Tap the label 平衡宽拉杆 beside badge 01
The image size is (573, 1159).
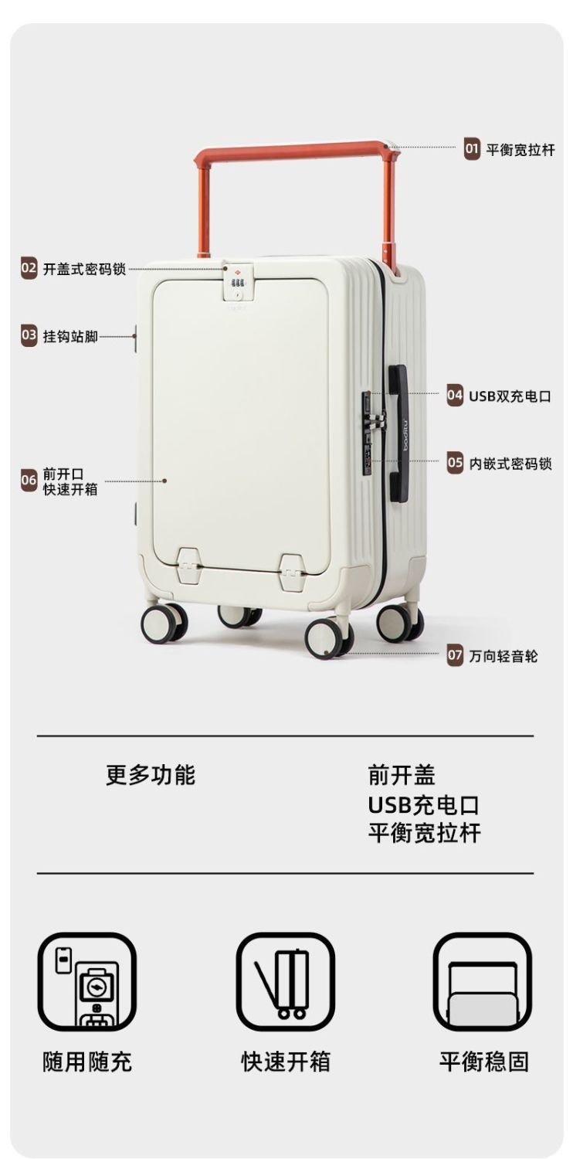click(520, 149)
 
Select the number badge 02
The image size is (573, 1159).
click(29, 269)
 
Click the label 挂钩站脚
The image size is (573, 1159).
click(70, 336)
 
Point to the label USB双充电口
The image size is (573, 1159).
click(510, 396)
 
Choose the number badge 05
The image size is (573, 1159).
click(456, 464)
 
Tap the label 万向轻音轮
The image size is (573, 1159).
click(503, 656)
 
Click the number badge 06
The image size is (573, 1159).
click(29, 481)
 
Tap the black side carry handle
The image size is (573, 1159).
click(398, 433)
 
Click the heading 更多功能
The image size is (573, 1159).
click(151, 775)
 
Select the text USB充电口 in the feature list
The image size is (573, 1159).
click(423, 805)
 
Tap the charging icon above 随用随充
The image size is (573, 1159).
click(86, 982)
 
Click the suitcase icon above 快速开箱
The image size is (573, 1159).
click(285, 982)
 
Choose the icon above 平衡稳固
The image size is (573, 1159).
click(483, 982)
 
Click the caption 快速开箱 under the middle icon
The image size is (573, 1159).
click(285, 1062)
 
